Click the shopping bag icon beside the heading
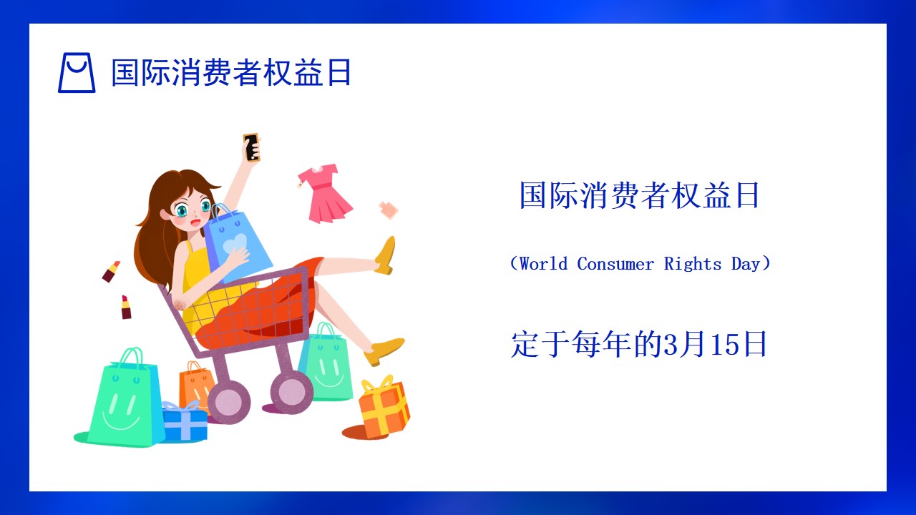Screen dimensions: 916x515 (77, 73)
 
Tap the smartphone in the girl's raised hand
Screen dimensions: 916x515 (251, 147)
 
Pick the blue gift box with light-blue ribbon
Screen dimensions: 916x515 (185, 421)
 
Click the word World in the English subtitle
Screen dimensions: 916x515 (543, 264)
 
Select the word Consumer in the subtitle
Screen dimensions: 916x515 (615, 264)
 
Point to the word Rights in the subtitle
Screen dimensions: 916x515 (692, 265)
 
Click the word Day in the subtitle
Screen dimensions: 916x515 (746, 265)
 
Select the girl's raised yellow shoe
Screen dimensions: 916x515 (386, 255)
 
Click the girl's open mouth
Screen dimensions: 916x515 (195, 223)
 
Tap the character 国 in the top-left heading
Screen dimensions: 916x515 (125, 72)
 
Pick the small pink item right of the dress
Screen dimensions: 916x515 (389, 210)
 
